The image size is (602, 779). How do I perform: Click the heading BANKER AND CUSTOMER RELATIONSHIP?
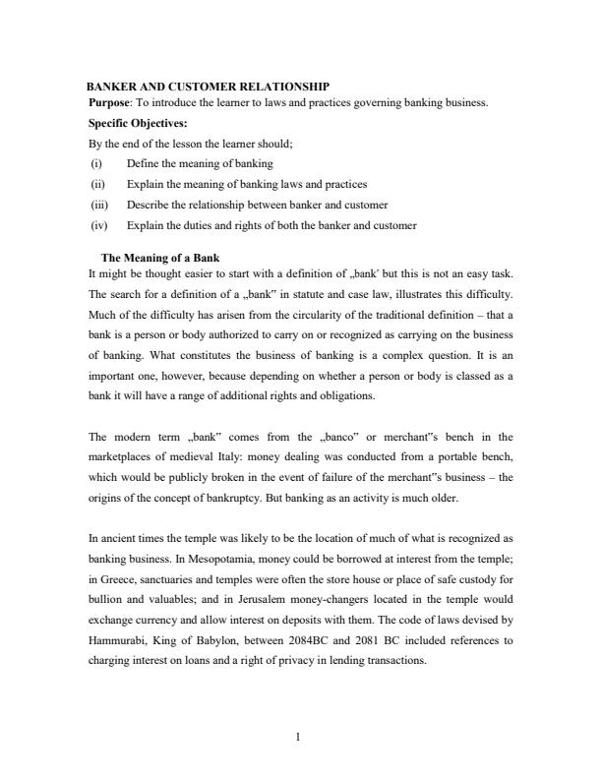point(208,88)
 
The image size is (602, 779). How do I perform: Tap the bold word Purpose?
point(110,101)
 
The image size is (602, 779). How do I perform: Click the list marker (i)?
point(95,162)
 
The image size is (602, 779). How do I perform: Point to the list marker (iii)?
point(97,205)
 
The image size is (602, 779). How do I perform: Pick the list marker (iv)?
point(97,225)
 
